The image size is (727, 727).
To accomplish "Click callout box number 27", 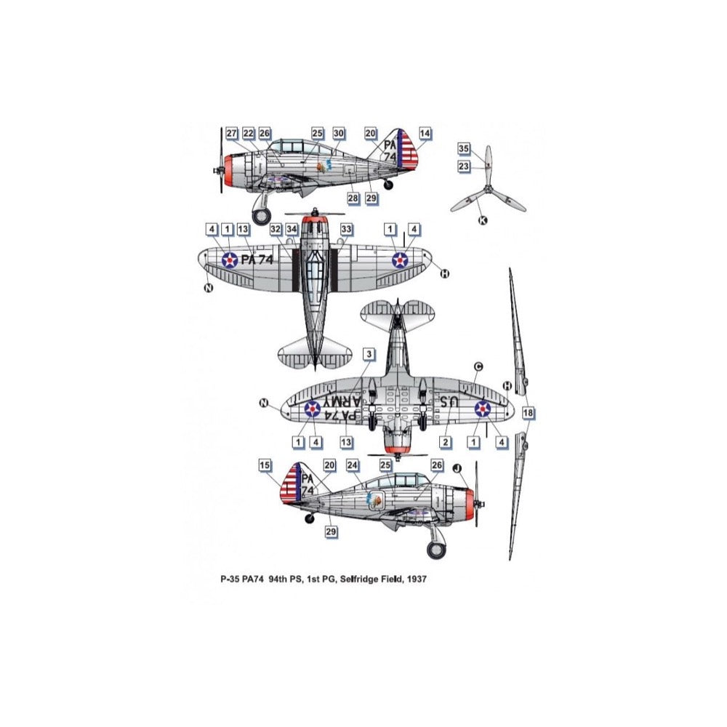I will click(232, 133).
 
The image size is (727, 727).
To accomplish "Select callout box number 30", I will click(339, 133).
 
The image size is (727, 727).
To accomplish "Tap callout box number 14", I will click(425, 133).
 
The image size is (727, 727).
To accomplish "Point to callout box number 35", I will click(464, 148).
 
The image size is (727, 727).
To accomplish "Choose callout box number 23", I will click(464, 166).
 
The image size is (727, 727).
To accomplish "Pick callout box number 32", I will click(276, 229).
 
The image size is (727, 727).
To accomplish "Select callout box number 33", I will click(347, 229).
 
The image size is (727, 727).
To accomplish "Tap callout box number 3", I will click(369, 354).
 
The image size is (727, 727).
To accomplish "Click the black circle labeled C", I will click(478, 366).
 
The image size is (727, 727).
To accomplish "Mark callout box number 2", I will click(446, 441).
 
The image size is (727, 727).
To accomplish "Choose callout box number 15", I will click(265, 465).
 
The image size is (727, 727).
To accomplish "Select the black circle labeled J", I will click(457, 469).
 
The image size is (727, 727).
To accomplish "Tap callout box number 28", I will click(353, 198).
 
